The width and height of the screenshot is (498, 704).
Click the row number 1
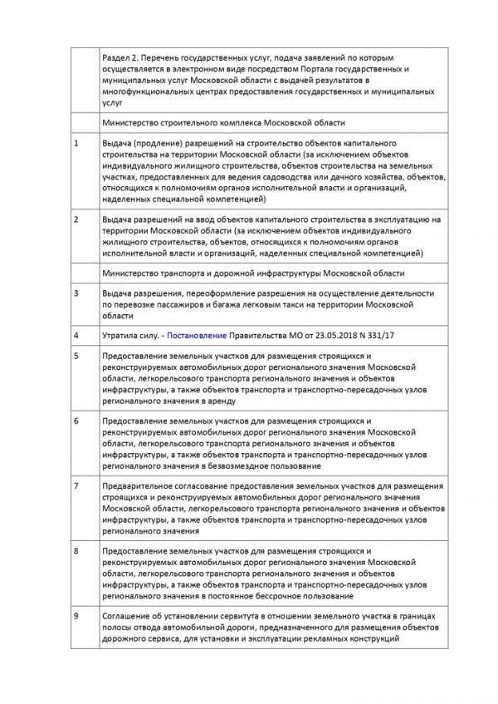click(x=76, y=144)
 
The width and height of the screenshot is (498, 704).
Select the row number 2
click(x=76, y=219)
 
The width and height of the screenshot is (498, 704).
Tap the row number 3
click(x=76, y=293)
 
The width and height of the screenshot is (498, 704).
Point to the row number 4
click(x=76, y=335)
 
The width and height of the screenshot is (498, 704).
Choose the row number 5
click(x=76, y=355)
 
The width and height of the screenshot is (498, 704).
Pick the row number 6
click(x=76, y=420)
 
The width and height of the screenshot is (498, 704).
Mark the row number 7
click(x=76, y=485)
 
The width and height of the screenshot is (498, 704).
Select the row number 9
click(x=76, y=615)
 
